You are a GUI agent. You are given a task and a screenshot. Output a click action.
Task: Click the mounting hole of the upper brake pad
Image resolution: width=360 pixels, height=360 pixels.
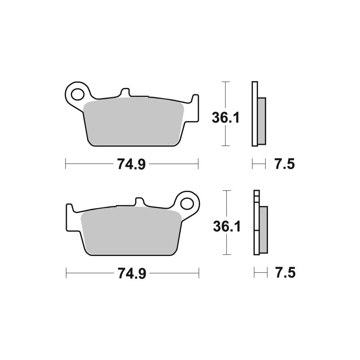[x=77, y=94]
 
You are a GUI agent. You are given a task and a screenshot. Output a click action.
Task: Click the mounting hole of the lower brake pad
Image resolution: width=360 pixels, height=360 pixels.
[x=187, y=204]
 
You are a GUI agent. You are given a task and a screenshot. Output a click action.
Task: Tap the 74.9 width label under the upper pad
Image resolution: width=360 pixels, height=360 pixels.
[x=131, y=164]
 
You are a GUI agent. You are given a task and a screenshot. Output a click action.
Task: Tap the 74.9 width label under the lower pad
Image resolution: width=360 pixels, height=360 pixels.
[x=132, y=274]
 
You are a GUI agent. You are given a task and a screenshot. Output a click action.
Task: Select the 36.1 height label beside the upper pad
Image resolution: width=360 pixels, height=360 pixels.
[x=226, y=118]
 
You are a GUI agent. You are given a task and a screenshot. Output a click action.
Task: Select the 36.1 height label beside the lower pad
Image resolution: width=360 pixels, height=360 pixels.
[x=227, y=226]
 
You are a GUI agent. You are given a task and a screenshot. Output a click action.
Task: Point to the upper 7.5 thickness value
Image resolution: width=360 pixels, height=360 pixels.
[x=285, y=164]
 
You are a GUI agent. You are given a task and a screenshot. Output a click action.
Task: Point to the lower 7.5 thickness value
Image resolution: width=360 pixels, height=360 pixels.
[x=285, y=273]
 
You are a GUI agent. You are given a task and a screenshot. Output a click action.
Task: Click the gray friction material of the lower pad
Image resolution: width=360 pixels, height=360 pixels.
[x=131, y=231]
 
